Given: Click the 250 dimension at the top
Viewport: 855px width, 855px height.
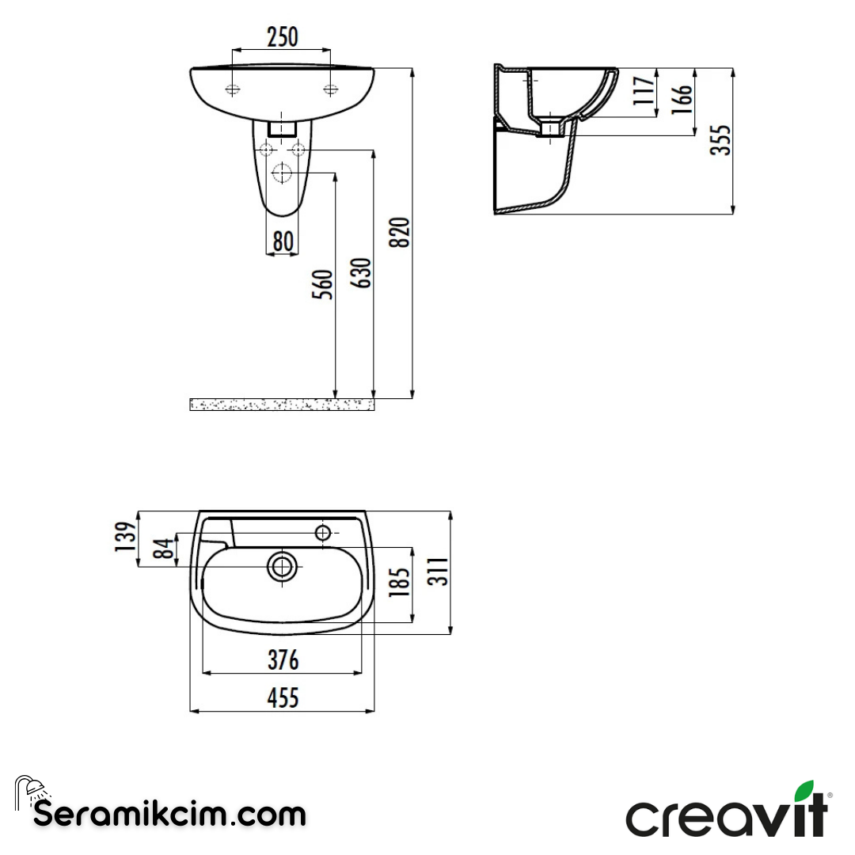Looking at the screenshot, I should pyautogui.click(x=282, y=36).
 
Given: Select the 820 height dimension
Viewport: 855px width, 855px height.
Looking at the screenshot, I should pyautogui.click(x=402, y=232).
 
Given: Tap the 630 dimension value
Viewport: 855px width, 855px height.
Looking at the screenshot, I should pyautogui.click(x=361, y=273).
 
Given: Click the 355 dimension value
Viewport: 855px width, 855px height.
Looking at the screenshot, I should pyautogui.click(x=721, y=139).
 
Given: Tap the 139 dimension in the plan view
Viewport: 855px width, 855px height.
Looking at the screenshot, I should pyautogui.click(x=124, y=538).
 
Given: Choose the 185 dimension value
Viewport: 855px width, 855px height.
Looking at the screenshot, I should pyautogui.click(x=401, y=582).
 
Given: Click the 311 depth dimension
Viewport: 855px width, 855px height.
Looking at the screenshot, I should pyautogui.click(x=439, y=571).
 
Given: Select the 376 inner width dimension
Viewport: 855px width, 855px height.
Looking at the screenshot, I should pyautogui.click(x=283, y=659).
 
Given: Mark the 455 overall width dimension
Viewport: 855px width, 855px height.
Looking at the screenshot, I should pyautogui.click(x=283, y=697).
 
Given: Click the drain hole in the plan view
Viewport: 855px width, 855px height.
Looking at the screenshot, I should pyautogui.click(x=283, y=566).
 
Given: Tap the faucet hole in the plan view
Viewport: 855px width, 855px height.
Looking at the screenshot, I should pyautogui.click(x=323, y=533).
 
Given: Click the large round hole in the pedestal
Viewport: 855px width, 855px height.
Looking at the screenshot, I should pyautogui.click(x=283, y=173).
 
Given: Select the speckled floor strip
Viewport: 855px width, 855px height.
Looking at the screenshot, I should pyautogui.click(x=281, y=405).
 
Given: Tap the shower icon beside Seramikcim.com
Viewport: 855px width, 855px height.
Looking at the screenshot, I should pyautogui.click(x=30, y=791).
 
